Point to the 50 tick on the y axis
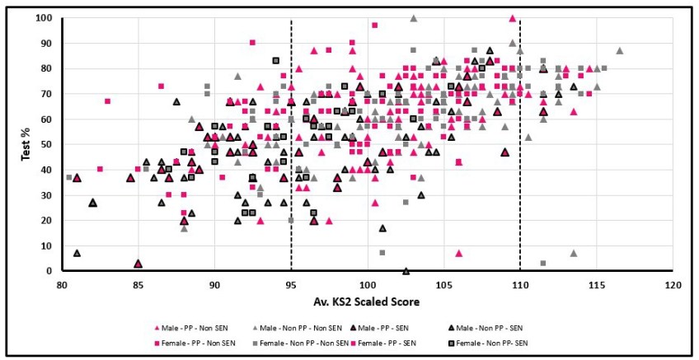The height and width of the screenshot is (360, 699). tap(51, 145)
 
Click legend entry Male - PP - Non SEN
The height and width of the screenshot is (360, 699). tap(180, 327)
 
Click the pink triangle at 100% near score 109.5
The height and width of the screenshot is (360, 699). tap(512, 18)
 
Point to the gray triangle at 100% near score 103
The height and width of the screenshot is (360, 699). tap(413, 18)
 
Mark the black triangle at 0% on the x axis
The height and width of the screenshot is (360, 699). tap(406, 270)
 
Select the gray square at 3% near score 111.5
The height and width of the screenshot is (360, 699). tap(543, 264)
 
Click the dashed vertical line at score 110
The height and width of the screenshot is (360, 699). tap(520, 165)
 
